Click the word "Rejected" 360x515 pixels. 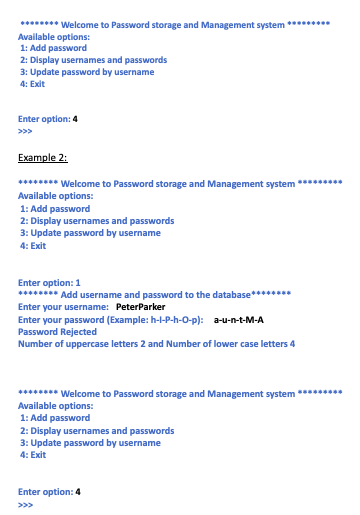[x=83, y=332]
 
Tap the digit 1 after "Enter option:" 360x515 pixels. [x=78, y=282]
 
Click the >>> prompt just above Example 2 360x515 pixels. [x=25, y=131]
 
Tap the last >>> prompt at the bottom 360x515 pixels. [x=25, y=504]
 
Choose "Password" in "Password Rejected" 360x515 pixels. [x=39, y=332]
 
